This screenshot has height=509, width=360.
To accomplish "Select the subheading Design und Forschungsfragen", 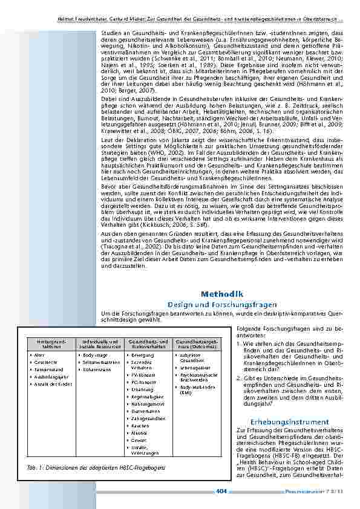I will click(222, 304).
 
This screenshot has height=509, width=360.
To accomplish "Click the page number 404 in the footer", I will click(221, 492).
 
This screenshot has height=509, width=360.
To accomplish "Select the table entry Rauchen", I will click(140, 426).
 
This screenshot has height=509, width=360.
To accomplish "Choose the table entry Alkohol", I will click(140, 433).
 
